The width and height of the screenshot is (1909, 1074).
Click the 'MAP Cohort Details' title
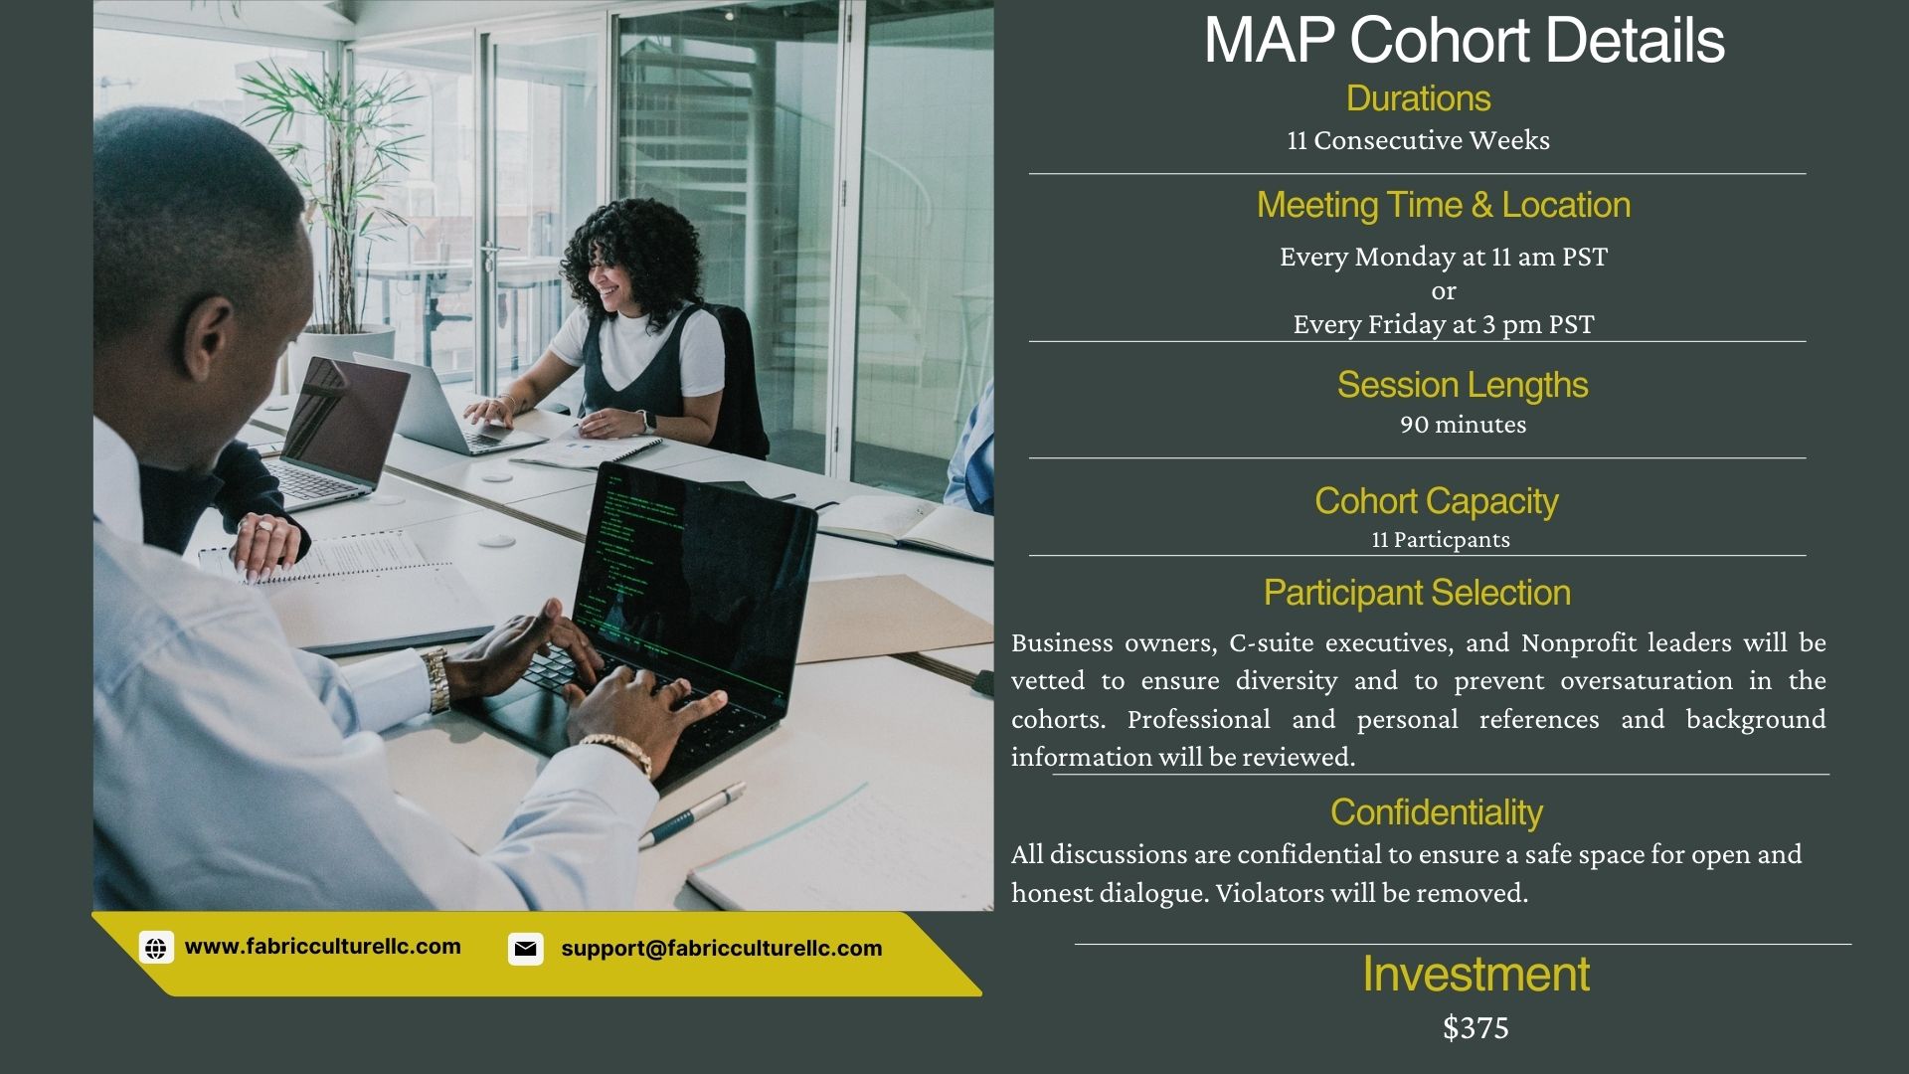[1464, 40]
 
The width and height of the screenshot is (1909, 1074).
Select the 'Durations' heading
[1418, 98]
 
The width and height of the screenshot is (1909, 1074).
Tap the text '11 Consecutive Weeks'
[1418, 140]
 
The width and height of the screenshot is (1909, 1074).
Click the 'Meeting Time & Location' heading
[1444, 205]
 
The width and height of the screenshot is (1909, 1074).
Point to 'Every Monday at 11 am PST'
[1444, 257]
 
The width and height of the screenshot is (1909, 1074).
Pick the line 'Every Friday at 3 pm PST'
[1444, 324]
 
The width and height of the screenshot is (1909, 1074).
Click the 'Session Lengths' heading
[1463, 385]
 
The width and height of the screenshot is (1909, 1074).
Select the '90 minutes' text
[1463, 425]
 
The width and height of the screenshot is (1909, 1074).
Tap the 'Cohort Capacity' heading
[1437, 501]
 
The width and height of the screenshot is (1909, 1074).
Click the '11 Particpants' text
[1441, 540]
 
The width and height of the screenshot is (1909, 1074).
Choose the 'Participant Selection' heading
[1417, 593]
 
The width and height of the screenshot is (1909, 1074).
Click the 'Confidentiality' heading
[1437, 812]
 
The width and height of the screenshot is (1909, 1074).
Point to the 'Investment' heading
[1475, 974]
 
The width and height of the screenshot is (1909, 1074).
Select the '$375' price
[1475, 1027]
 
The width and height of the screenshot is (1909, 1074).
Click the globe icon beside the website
[156, 948]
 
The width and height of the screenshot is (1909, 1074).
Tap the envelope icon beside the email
[525, 949]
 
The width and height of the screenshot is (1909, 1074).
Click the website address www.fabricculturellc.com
[323, 947]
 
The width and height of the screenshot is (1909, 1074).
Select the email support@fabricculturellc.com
[722, 949]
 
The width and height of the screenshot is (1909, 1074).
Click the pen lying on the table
[692, 814]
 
